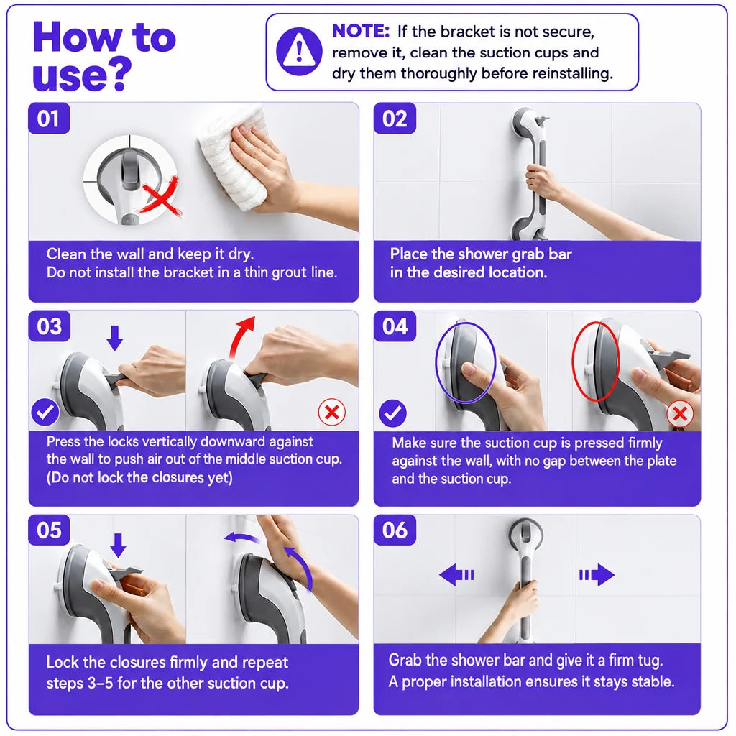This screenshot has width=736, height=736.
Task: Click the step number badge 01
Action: [x=50, y=119]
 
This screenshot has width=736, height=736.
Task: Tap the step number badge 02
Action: [x=395, y=119]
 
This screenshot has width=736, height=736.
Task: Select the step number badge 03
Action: [x=50, y=326]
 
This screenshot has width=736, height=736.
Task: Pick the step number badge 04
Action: [x=395, y=326]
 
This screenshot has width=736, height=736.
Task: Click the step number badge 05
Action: [x=50, y=530]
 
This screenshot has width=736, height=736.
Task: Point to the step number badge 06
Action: [x=395, y=530]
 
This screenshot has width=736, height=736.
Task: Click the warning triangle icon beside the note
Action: [x=299, y=52]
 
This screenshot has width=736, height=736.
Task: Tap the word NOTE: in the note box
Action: [x=361, y=31]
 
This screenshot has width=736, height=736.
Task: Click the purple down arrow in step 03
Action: [x=114, y=338]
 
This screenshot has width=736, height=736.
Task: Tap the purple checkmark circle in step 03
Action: [x=45, y=412]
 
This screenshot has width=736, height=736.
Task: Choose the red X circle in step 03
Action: [x=332, y=412]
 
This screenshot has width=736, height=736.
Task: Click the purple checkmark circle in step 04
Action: [x=393, y=413]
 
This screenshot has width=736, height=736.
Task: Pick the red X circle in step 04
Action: [x=680, y=414]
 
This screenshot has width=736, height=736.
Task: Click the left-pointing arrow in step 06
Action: [x=456, y=575]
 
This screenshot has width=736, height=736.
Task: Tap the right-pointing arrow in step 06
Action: [x=597, y=575]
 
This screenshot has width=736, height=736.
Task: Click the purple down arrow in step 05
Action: [x=118, y=546]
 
